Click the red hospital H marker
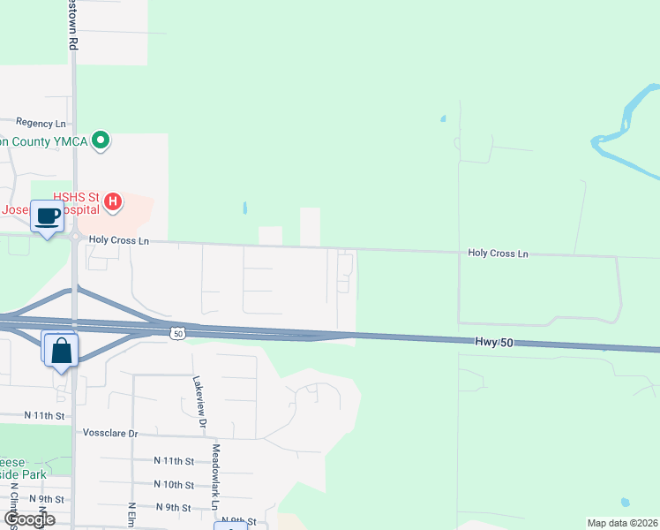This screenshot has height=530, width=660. pyautogui.click(x=113, y=202)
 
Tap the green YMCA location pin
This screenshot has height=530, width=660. pyautogui.click(x=101, y=140)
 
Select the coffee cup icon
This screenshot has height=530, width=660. pyautogui.click(x=48, y=216)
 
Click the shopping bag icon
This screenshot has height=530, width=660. pyautogui.click(x=61, y=350)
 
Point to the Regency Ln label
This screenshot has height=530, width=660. pyautogui.click(x=41, y=124)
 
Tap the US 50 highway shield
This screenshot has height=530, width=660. pyautogui.click(x=177, y=332)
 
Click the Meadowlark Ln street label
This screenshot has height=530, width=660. pyautogui.click(x=214, y=475)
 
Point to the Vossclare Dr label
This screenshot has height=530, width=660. pyautogui.click(x=109, y=434)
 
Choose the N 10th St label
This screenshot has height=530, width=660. pyautogui.click(x=174, y=485)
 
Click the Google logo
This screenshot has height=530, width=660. pyautogui.click(x=29, y=519)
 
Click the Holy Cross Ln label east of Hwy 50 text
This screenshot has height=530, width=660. pyautogui.click(x=498, y=254)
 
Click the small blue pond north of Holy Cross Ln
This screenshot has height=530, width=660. pyautogui.click(x=244, y=209)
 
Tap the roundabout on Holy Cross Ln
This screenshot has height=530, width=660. pyautogui.click(x=75, y=237)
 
